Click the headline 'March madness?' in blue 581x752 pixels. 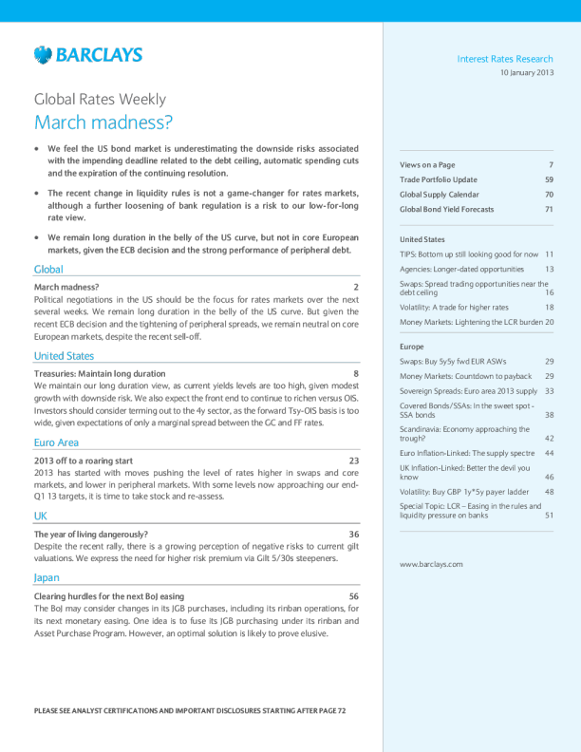click(x=103, y=122)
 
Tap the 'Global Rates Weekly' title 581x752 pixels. click(x=100, y=99)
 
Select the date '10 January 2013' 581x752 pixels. click(x=526, y=73)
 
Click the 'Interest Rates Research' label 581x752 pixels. click(x=505, y=60)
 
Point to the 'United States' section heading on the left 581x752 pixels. click(x=64, y=356)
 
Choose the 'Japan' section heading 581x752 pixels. click(x=48, y=577)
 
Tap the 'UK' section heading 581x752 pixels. click(x=41, y=516)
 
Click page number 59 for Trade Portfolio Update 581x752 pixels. click(x=549, y=179)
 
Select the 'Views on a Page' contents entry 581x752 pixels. click(x=429, y=165)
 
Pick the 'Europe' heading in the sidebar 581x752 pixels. click(x=412, y=348)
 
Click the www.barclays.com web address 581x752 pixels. click(x=431, y=564)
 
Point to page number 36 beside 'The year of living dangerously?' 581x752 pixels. click(x=353, y=535)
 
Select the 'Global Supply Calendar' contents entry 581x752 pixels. click(x=442, y=195)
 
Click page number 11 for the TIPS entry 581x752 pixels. click(x=549, y=254)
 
